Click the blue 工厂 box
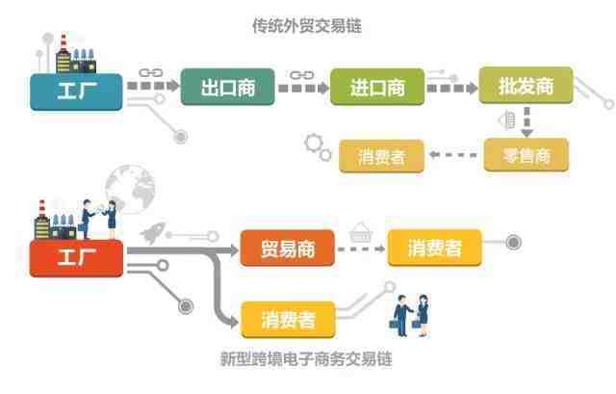[76, 92]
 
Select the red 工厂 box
[76, 258]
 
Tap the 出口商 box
[227, 87]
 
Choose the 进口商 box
[377, 87]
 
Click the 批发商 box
[526, 86]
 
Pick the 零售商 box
[526, 155]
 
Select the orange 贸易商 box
[288, 249]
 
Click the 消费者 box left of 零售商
[381, 156]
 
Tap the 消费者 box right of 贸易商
[434, 249]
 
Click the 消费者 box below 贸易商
[288, 320]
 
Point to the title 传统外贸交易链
[307, 26]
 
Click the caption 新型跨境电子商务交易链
[306, 358]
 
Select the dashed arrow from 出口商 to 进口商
[303, 88]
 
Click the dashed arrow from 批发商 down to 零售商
[527, 121]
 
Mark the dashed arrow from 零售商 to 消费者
[453, 154]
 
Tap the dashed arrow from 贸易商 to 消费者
[362, 249]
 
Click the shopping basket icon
[361, 232]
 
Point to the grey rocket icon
[154, 232]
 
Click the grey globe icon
[131, 189]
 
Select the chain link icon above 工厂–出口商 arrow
[151, 73]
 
